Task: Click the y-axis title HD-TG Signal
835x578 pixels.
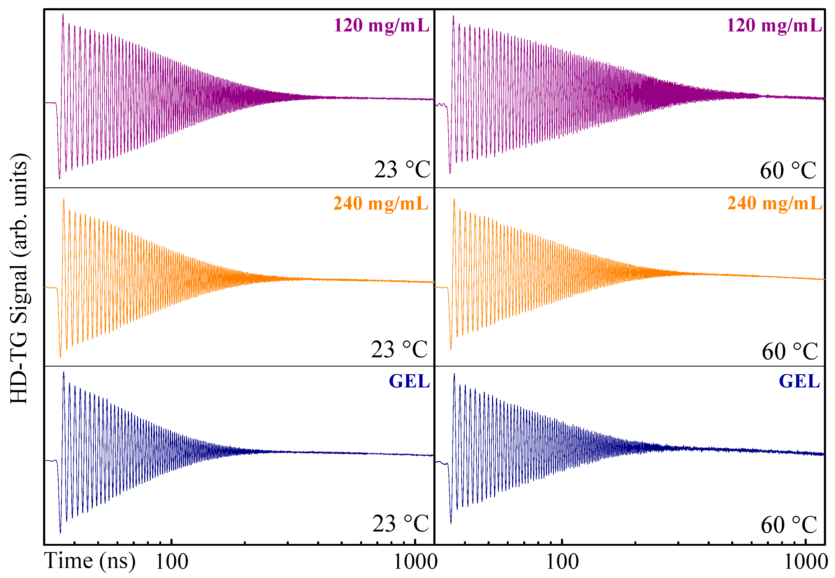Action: tap(19, 278)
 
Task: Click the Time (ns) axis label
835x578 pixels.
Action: tap(90, 561)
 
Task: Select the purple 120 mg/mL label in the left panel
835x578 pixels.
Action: tap(381, 25)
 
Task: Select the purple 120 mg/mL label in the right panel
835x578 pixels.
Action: tap(774, 25)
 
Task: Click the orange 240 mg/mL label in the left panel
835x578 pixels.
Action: tap(381, 203)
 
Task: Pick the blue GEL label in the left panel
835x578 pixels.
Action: tap(409, 381)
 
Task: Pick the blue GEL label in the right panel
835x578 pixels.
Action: tap(799, 381)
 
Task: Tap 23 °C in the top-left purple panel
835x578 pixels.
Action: tap(402, 169)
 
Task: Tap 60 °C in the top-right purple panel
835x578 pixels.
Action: tap(788, 170)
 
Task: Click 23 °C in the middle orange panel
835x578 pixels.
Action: tap(399, 349)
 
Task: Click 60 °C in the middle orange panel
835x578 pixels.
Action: tap(790, 351)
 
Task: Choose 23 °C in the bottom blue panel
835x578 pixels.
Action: tap(401, 524)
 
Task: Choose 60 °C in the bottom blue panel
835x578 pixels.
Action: tap(789, 525)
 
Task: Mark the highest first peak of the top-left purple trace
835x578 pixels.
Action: tap(63, 15)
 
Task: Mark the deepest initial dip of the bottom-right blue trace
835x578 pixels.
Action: tap(451, 522)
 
